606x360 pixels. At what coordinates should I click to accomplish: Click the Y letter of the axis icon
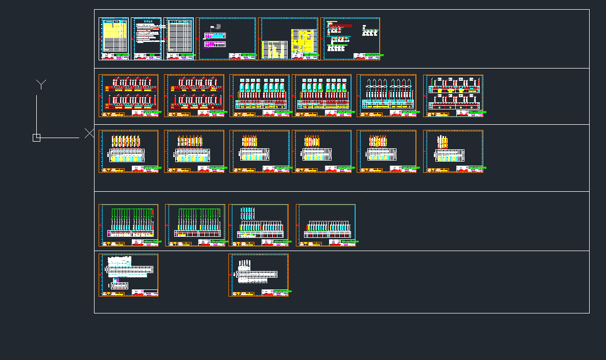41,84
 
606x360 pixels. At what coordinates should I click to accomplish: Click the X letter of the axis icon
89,133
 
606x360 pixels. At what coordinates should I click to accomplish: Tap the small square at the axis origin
36,138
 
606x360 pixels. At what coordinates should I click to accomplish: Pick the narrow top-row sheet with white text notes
146,38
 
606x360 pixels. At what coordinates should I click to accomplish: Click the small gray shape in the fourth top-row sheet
217,26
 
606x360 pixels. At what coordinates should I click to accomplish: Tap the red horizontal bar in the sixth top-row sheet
340,26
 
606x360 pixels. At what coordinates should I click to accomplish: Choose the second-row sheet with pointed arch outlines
386,96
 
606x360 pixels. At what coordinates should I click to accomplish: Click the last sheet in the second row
453,96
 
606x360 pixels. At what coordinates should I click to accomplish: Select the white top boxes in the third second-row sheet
259,81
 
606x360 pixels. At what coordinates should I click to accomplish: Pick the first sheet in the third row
128,151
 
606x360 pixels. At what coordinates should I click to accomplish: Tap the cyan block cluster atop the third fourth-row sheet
247,213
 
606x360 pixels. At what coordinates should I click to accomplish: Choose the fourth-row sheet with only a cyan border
325,225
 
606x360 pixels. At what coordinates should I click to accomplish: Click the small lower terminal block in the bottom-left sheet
119,286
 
